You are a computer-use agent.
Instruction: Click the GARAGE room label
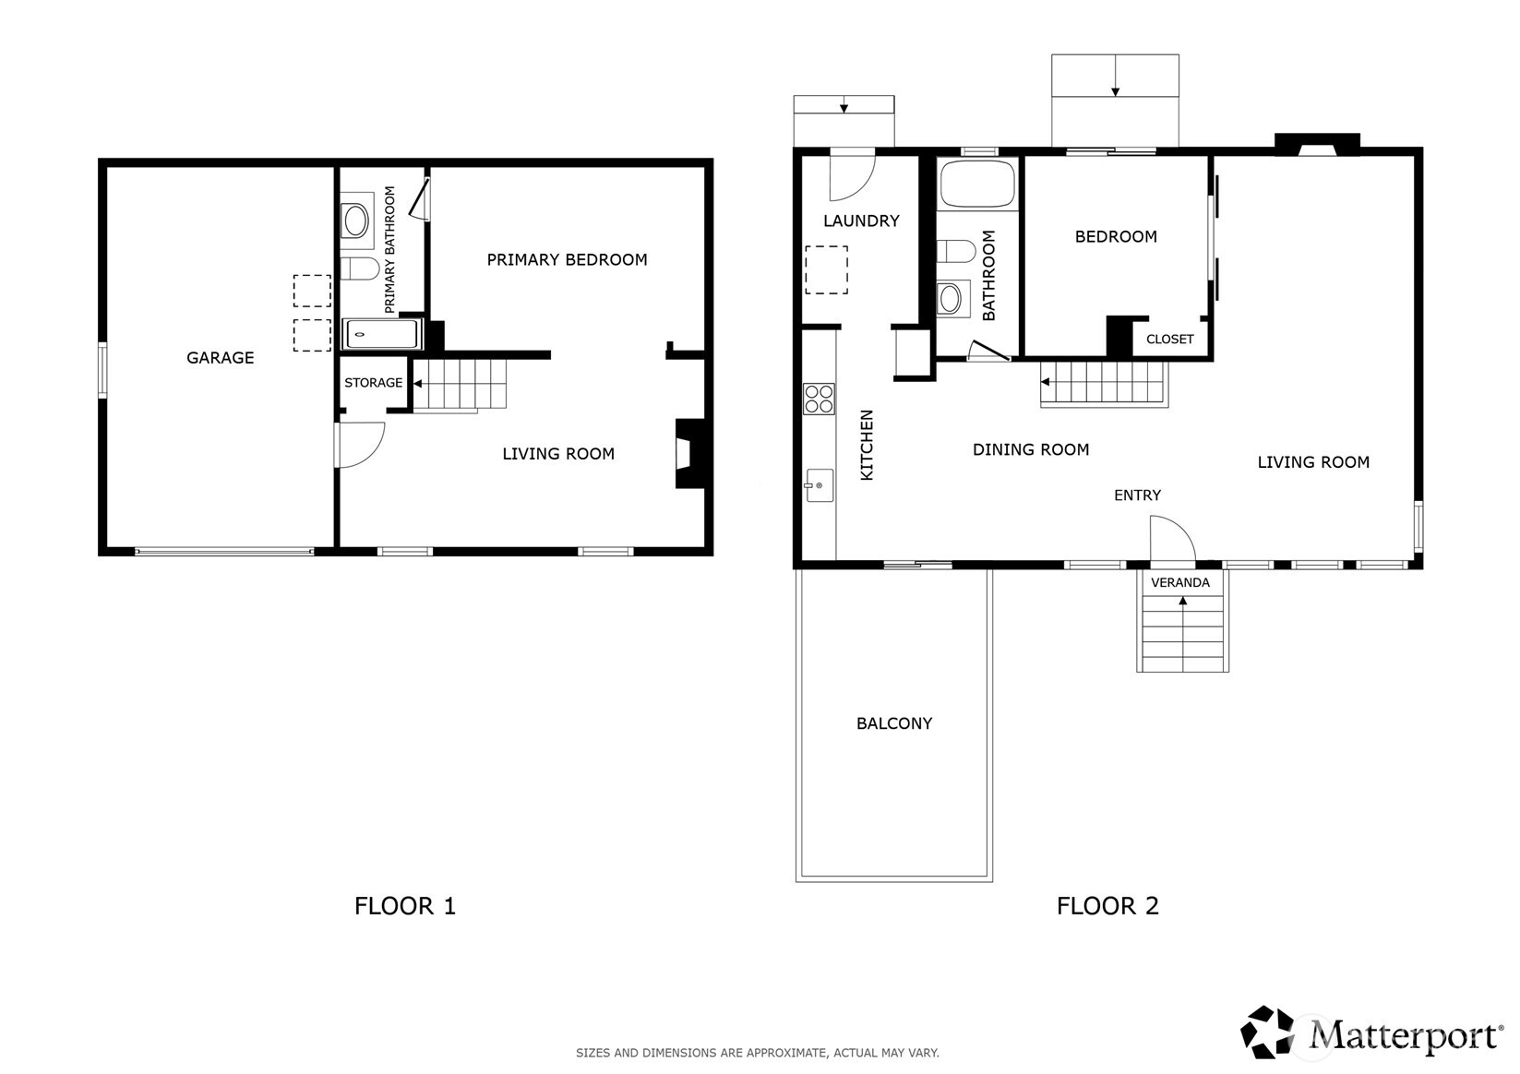click(x=220, y=358)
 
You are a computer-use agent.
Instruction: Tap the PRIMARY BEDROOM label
click(x=567, y=260)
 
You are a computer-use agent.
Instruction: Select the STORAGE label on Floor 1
click(x=373, y=383)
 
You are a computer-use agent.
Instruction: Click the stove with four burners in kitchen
click(x=819, y=399)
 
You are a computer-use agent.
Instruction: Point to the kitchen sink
click(x=819, y=485)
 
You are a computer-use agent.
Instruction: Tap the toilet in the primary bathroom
click(x=360, y=268)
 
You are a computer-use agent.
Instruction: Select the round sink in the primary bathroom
click(x=356, y=221)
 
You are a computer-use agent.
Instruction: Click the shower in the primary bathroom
click(x=381, y=334)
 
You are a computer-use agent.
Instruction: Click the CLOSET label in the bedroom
click(x=1169, y=340)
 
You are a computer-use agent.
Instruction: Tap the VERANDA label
click(x=1179, y=583)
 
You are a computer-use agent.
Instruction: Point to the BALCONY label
click(x=893, y=724)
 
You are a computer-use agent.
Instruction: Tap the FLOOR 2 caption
click(x=1107, y=906)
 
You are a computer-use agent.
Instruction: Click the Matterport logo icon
click(x=1268, y=1032)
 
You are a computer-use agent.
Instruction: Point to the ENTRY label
click(x=1136, y=495)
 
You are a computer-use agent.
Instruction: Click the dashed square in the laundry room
click(x=826, y=269)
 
